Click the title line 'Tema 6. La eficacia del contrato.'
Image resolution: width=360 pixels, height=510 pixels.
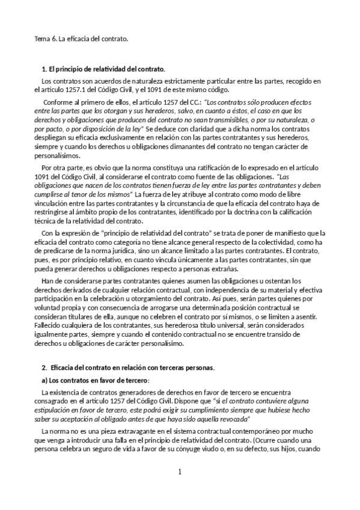[x=81, y=39]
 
